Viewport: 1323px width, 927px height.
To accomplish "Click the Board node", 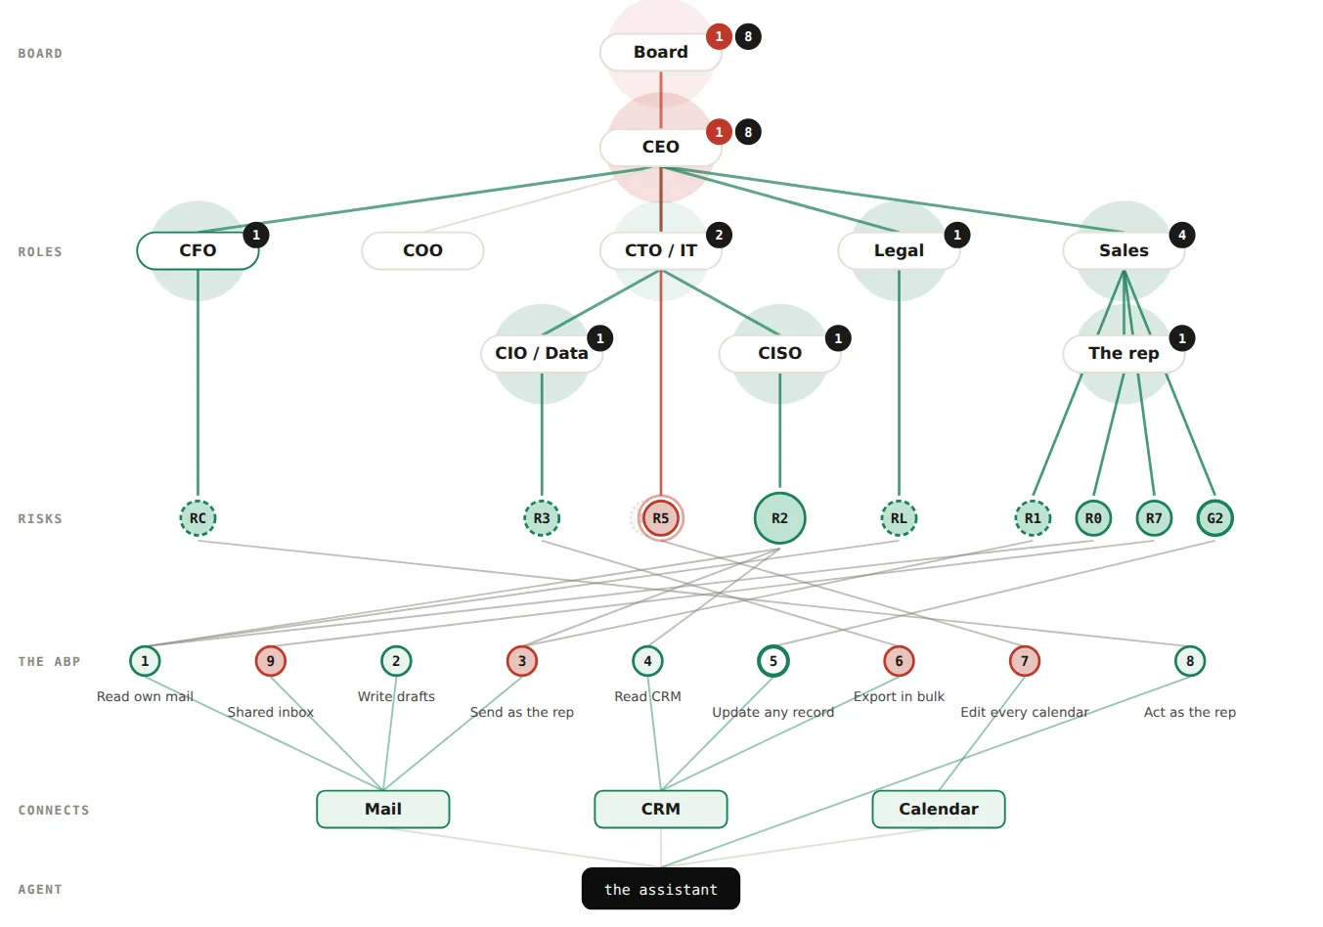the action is (660, 52).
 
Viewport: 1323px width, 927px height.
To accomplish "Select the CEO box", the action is (660, 147).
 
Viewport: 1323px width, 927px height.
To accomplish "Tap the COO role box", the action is (422, 250).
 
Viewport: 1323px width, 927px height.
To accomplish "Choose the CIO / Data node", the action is (542, 353).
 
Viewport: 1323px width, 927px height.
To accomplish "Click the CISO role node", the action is (779, 353).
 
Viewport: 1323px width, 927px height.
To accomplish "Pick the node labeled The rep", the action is (1124, 353).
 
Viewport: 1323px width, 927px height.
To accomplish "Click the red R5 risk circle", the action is (660, 518).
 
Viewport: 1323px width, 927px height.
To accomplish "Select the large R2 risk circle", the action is (779, 518).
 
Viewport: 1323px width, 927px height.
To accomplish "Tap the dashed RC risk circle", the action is (198, 518).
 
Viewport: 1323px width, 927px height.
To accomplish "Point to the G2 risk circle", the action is (1214, 518).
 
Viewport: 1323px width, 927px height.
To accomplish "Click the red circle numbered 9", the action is (271, 661).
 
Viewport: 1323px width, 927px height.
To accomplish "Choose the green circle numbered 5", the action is (773, 661).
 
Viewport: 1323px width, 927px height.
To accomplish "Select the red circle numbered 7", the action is (1024, 661).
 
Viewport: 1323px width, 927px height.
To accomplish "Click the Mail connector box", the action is (382, 809).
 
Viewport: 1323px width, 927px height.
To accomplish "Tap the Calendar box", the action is (939, 809).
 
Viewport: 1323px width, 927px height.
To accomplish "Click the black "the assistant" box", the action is (660, 889).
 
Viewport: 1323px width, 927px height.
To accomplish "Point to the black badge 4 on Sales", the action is (1182, 235).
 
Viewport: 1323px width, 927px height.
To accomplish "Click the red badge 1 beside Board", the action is (719, 36).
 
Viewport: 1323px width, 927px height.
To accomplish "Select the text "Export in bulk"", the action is (899, 696).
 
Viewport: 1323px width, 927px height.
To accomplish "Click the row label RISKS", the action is (40, 518).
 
